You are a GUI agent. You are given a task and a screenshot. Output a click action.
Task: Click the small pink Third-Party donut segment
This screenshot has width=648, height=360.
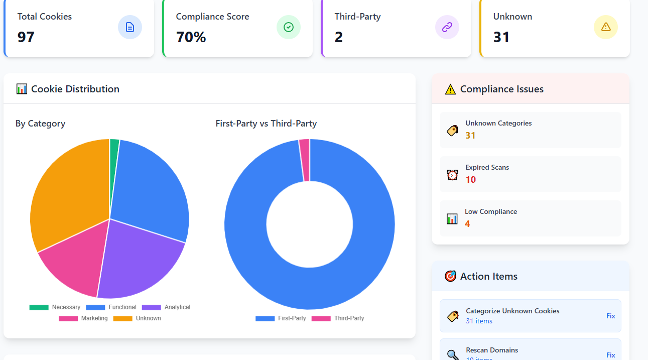[305, 160]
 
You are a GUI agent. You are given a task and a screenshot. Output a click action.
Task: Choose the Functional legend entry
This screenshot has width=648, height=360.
[111, 307]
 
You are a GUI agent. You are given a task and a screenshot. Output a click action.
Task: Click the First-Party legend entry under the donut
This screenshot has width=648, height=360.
[281, 318]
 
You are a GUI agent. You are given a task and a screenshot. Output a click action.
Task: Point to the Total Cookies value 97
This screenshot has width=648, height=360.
[26, 37]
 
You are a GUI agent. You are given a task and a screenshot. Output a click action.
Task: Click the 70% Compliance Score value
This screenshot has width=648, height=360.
[191, 37]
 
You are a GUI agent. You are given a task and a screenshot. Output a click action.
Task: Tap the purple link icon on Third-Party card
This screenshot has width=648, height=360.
[447, 27]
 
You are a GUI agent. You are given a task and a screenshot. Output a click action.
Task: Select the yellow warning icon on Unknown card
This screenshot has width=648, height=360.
[605, 27]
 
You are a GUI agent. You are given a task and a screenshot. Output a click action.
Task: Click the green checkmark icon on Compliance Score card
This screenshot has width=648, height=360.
[288, 27]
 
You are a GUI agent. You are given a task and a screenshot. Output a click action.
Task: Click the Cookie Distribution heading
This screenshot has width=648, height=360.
[75, 89]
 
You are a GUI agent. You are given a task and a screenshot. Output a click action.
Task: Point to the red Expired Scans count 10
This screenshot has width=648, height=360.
[470, 180]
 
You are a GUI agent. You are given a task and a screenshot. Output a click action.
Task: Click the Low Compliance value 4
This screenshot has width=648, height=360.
[467, 224]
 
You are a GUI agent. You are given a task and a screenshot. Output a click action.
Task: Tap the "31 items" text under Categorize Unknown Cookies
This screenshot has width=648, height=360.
[479, 321]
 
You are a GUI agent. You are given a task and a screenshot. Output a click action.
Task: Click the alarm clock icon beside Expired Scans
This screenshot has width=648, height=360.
[452, 175]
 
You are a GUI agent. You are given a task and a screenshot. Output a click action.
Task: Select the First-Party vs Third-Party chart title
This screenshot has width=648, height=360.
[266, 124]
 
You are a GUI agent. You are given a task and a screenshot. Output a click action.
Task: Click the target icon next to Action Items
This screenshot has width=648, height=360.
[450, 276]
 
